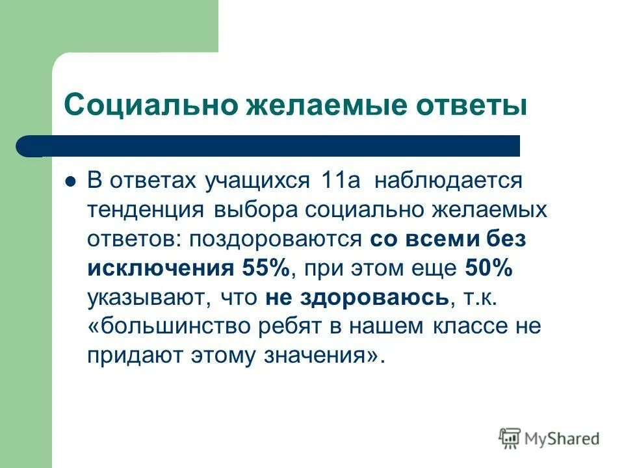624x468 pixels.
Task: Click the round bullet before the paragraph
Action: click(x=71, y=181)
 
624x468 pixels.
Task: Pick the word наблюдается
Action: click(x=448, y=180)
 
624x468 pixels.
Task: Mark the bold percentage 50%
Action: click(x=489, y=268)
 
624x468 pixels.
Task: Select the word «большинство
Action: click(x=164, y=326)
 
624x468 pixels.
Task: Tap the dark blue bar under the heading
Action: click(x=273, y=146)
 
